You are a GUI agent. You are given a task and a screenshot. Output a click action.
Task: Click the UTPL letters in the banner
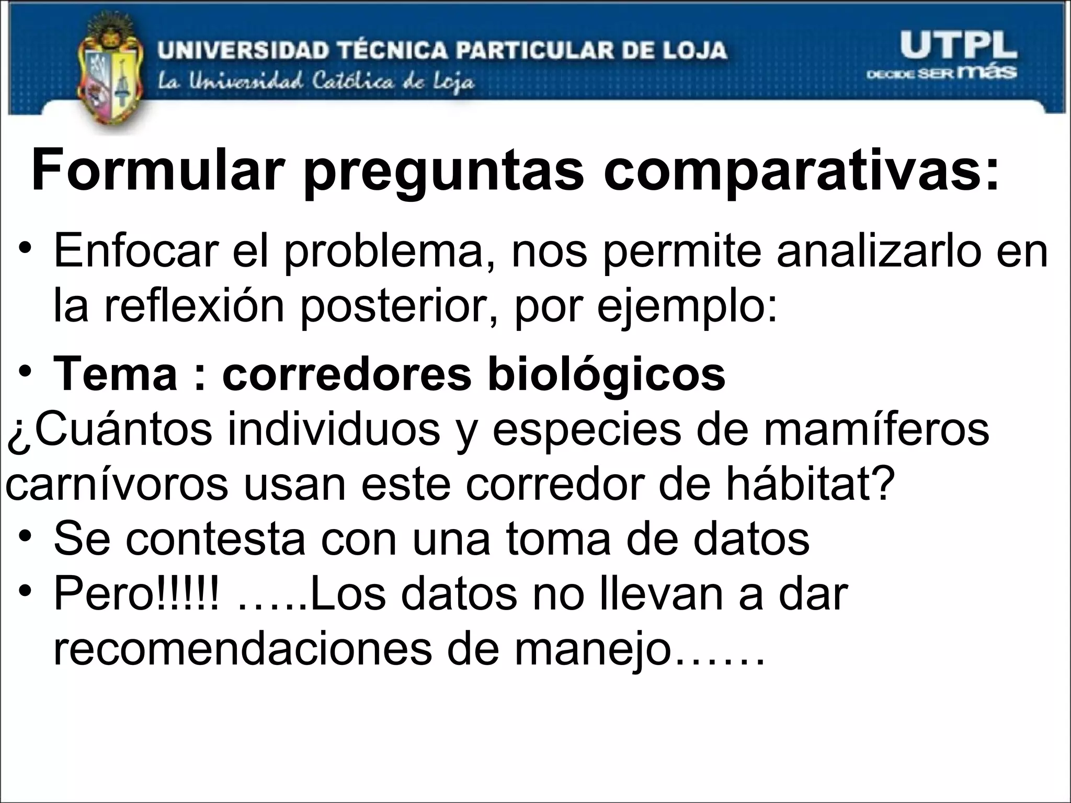(958, 47)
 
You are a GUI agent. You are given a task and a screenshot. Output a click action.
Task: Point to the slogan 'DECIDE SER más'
(942, 73)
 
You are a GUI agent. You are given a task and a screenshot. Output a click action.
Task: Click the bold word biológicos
(606, 375)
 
